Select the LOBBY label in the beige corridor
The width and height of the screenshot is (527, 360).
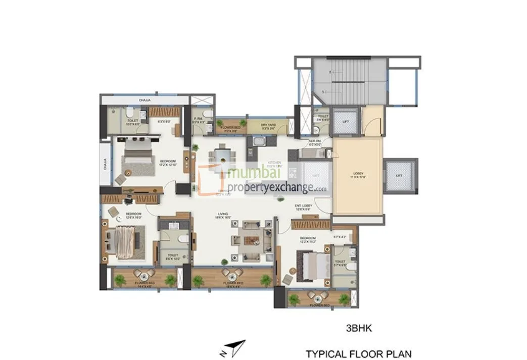click(x=357, y=175)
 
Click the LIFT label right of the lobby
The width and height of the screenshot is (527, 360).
click(x=399, y=175)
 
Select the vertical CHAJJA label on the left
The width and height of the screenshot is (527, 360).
click(x=104, y=164)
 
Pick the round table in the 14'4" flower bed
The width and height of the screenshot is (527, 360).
click(x=143, y=276)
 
